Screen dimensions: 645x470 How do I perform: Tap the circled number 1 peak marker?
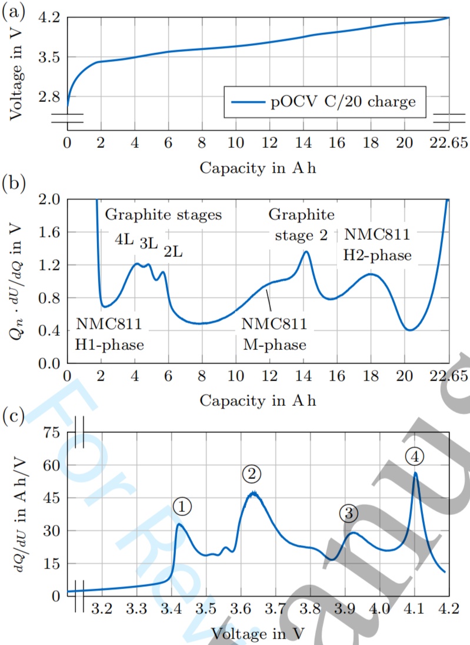pyautogui.click(x=183, y=505)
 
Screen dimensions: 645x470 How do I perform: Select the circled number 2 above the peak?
pyautogui.click(x=251, y=474)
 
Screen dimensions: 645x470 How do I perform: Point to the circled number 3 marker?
pyautogui.click(x=348, y=513)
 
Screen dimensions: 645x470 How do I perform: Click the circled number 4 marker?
pyautogui.click(x=415, y=455)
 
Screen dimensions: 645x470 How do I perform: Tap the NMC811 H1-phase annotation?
pyautogui.click(x=110, y=334)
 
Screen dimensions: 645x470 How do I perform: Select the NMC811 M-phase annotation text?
pyautogui.click(x=275, y=334)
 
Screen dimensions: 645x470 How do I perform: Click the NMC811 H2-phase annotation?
pyautogui.click(x=377, y=244)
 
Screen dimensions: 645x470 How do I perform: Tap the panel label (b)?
pyautogui.click(x=13, y=184)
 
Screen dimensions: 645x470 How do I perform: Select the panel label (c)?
pyautogui.click(x=13, y=416)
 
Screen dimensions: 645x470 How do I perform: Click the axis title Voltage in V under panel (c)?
pyautogui.click(x=258, y=633)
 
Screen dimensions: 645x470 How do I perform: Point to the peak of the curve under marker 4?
pyautogui.click(x=415, y=472)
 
